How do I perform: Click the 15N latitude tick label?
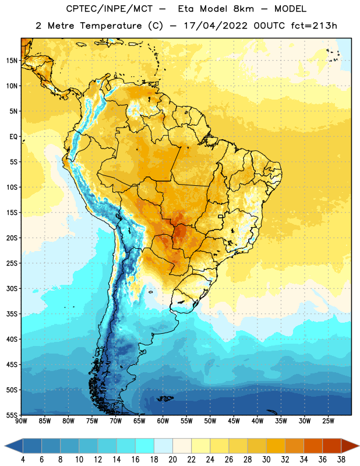click(12, 61)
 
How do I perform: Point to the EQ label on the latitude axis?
click(13, 137)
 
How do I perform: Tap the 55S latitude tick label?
click(12, 415)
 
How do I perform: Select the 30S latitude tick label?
click(12, 288)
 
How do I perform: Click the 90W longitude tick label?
click(21, 421)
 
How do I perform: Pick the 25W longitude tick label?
click(328, 421)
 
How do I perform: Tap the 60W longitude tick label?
click(163, 421)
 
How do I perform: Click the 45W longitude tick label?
click(234, 421)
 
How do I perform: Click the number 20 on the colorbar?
click(172, 460)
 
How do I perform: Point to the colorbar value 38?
click(341, 460)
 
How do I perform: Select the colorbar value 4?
click(23, 460)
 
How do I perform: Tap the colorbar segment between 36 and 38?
click(332, 446)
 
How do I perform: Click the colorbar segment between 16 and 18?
click(145, 446)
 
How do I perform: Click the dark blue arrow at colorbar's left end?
click(13, 446)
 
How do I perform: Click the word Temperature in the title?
click(111, 26)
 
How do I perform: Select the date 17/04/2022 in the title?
click(216, 26)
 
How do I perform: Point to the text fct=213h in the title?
click(314, 26)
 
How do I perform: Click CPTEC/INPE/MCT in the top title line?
click(109, 9)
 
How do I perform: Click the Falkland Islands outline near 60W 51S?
click(165, 398)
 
